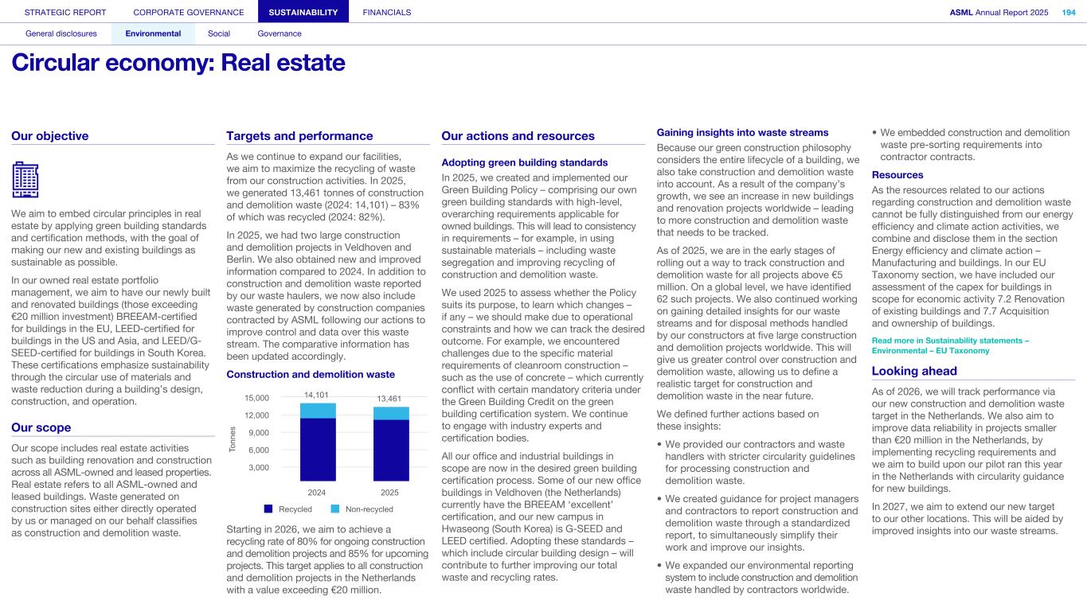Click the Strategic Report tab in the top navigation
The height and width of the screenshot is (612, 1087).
pyautogui.click(x=65, y=12)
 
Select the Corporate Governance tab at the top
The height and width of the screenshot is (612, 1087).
pyautogui.click(x=189, y=12)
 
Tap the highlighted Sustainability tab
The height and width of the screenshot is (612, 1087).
pyautogui.click(x=303, y=12)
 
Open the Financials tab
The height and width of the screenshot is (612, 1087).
pyautogui.click(x=387, y=12)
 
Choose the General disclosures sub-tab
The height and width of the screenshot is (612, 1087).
pyautogui.click(x=61, y=33)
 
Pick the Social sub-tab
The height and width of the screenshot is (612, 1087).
pyautogui.click(x=219, y=33)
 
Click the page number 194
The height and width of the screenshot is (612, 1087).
pyautogui.click(x=1069, y=12)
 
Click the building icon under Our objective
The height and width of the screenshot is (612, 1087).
pyautogui.click(x=25, y=179)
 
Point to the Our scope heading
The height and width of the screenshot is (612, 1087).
pyautogui.click(x=41, y=427)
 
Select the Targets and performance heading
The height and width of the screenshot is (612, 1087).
pyautogui.click(x=299, y=136)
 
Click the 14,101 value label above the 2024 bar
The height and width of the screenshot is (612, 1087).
pyautogui.click(x=316, y=395)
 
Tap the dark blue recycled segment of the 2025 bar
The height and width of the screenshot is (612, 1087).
pyautogui.click(x=390, y=450)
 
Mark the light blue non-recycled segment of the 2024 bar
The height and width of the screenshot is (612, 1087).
pyautogui.click(x=318, y=410)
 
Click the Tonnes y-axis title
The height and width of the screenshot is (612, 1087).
pyautogui.click(x=233, y=441)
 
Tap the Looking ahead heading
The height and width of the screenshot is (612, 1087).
pyautogui.click(x=914, y=371)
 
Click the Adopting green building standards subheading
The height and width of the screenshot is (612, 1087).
pyautogui.click(x=524, y=162)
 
